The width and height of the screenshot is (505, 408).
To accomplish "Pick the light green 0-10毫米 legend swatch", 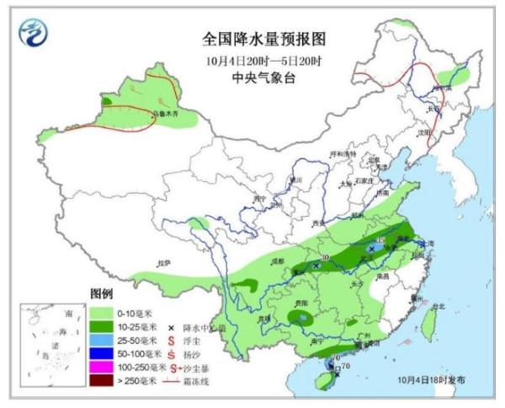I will pos(102,314).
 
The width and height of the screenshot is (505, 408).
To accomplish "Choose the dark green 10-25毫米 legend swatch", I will pos(102,327).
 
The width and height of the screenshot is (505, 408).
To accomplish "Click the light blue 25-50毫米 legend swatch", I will pos(102,341).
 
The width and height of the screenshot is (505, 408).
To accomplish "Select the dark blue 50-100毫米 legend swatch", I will pos(102,354).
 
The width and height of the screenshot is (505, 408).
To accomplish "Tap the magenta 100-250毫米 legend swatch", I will pos(102,368).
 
